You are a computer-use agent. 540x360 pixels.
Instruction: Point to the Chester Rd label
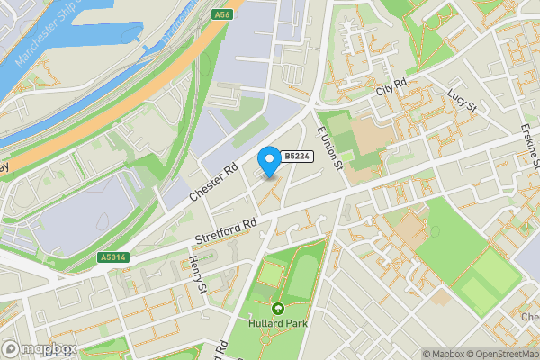[212, 184]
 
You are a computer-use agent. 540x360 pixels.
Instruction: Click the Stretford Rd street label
[226, 231]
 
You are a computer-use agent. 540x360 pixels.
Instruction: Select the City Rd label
[393, 90]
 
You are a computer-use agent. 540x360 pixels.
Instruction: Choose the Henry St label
[199, 274]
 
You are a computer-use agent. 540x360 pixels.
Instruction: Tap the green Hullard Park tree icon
[277, 308]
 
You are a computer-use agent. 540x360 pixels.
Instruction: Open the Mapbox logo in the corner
[40, 348]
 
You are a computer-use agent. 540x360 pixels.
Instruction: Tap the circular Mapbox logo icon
[11, 348]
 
